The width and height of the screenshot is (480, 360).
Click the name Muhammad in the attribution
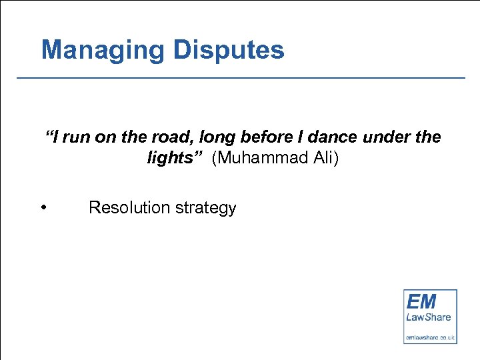coord(259,159)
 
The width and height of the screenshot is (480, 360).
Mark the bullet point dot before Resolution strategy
coord(43,207)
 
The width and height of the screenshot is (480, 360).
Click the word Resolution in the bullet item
coord(129,208)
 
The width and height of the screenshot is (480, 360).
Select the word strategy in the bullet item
coord(206,208)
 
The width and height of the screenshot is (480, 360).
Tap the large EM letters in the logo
coord(421,301)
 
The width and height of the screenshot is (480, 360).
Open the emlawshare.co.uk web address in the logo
coord(430,338)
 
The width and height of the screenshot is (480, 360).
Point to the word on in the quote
coord(106,137)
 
